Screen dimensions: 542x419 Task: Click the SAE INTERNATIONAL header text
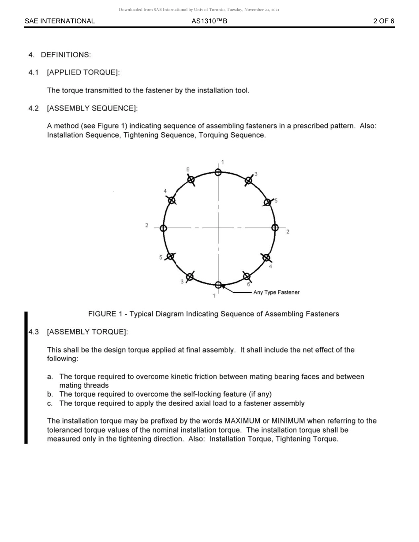60,21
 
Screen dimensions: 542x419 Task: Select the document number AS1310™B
209,21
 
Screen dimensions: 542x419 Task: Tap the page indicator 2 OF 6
383,21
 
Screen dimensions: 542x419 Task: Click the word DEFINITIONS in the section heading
66,55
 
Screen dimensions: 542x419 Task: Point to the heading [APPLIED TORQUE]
83,72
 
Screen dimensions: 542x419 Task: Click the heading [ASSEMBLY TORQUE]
87,332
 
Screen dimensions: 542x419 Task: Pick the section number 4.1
34,72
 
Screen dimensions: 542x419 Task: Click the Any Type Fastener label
276,292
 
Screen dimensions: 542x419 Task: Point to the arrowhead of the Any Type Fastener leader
223,287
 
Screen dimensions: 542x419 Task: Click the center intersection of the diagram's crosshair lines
218,228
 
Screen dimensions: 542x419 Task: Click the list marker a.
50,377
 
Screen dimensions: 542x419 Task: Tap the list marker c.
50,403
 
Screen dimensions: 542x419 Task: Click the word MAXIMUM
243,421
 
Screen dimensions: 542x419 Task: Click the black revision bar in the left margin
26,377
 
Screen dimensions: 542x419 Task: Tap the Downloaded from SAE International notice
199,10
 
